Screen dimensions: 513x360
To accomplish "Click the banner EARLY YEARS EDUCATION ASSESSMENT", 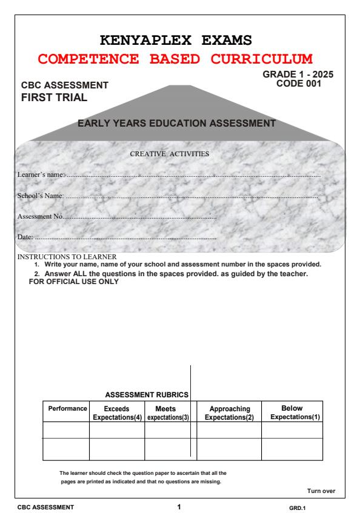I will coord(177,124).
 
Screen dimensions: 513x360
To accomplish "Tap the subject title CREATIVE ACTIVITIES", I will coord(170,154).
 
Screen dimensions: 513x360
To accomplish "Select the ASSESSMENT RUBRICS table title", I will coord(147,395).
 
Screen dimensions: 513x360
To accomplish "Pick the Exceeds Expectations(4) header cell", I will coord(117,414).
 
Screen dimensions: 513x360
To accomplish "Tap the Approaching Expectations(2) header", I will coord(229,414).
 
